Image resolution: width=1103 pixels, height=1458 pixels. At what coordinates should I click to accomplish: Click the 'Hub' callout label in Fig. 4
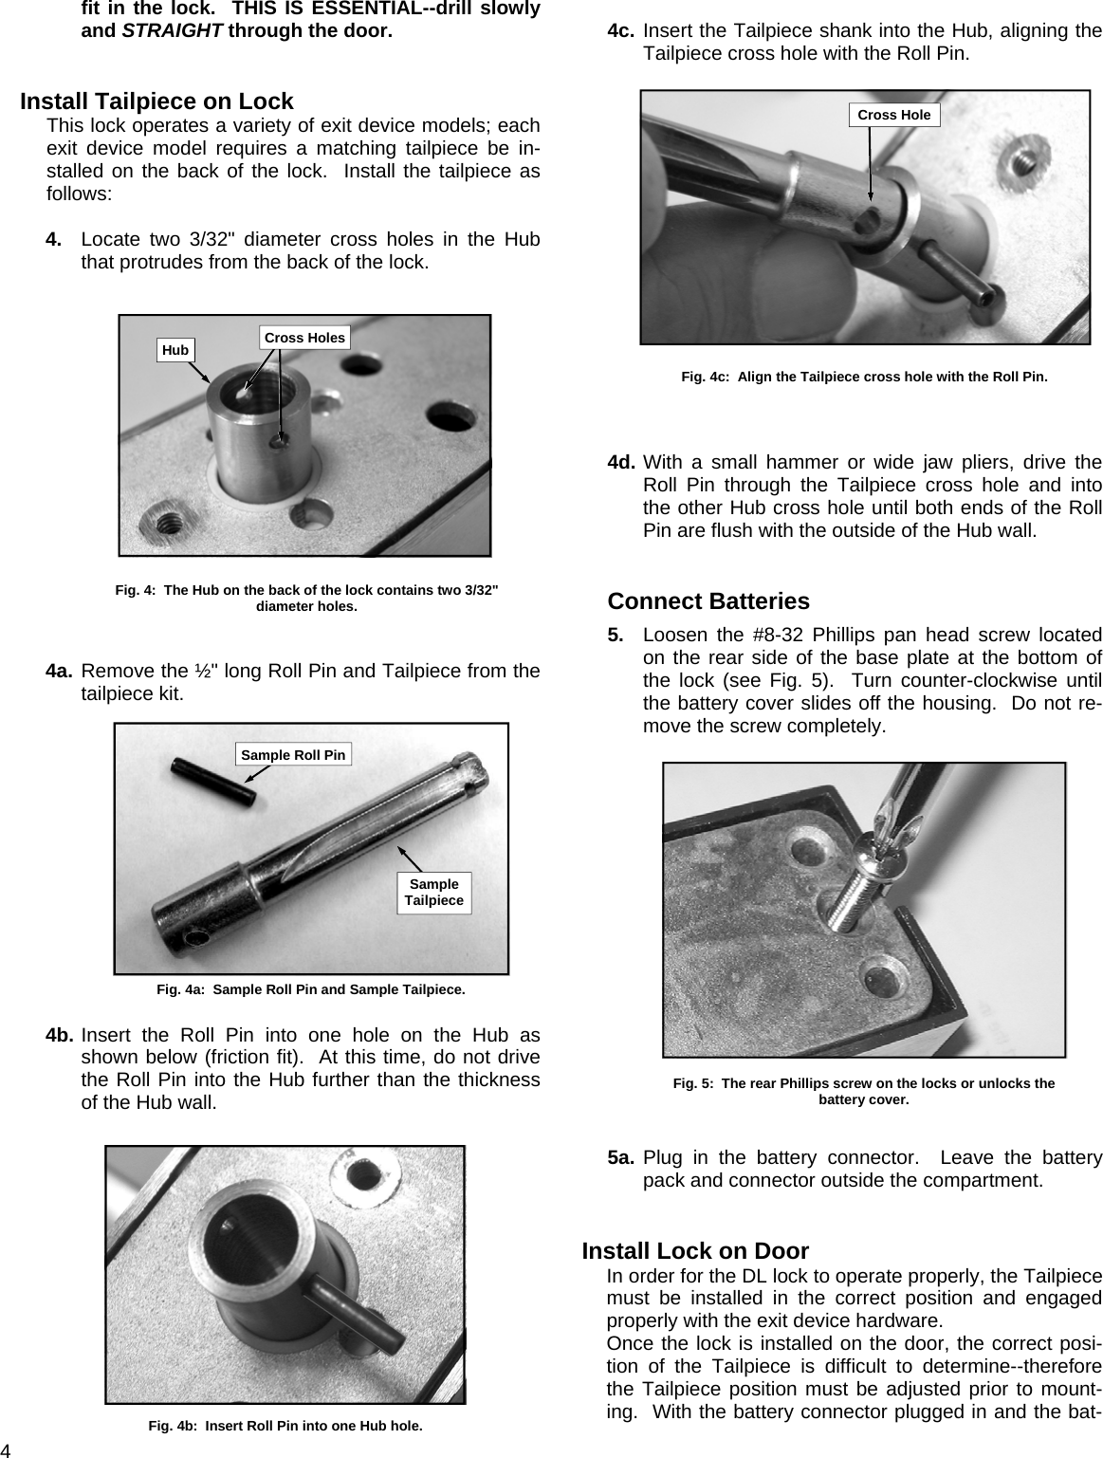[x=175, y=350]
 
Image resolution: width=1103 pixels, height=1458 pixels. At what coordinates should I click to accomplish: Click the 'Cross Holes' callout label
[x=304, y=337]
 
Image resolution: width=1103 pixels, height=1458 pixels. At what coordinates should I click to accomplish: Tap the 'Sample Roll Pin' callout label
[x=293, y=754]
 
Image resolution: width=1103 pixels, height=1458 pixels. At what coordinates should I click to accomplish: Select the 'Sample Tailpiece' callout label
[x=433, y=892]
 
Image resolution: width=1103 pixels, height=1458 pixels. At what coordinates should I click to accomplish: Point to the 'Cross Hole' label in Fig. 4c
[x=893, y=115]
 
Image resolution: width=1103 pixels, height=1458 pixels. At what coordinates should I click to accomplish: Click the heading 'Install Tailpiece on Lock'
[x=156, y=101]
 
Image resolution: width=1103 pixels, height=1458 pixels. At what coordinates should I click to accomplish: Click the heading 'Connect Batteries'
[x=708, y=601]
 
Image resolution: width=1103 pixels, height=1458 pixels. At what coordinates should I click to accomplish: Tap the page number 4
[x=6, y=1449]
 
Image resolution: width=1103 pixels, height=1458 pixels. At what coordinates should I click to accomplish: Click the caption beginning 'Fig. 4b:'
[x=285, y=1426]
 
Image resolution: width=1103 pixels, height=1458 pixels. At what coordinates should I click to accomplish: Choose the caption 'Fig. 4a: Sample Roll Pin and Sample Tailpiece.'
[x=310, y=989]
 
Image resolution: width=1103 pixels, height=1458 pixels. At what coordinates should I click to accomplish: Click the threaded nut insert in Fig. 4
[x=163, y=524]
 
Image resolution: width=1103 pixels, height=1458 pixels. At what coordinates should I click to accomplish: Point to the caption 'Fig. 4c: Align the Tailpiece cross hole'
[x=864, y=377]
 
